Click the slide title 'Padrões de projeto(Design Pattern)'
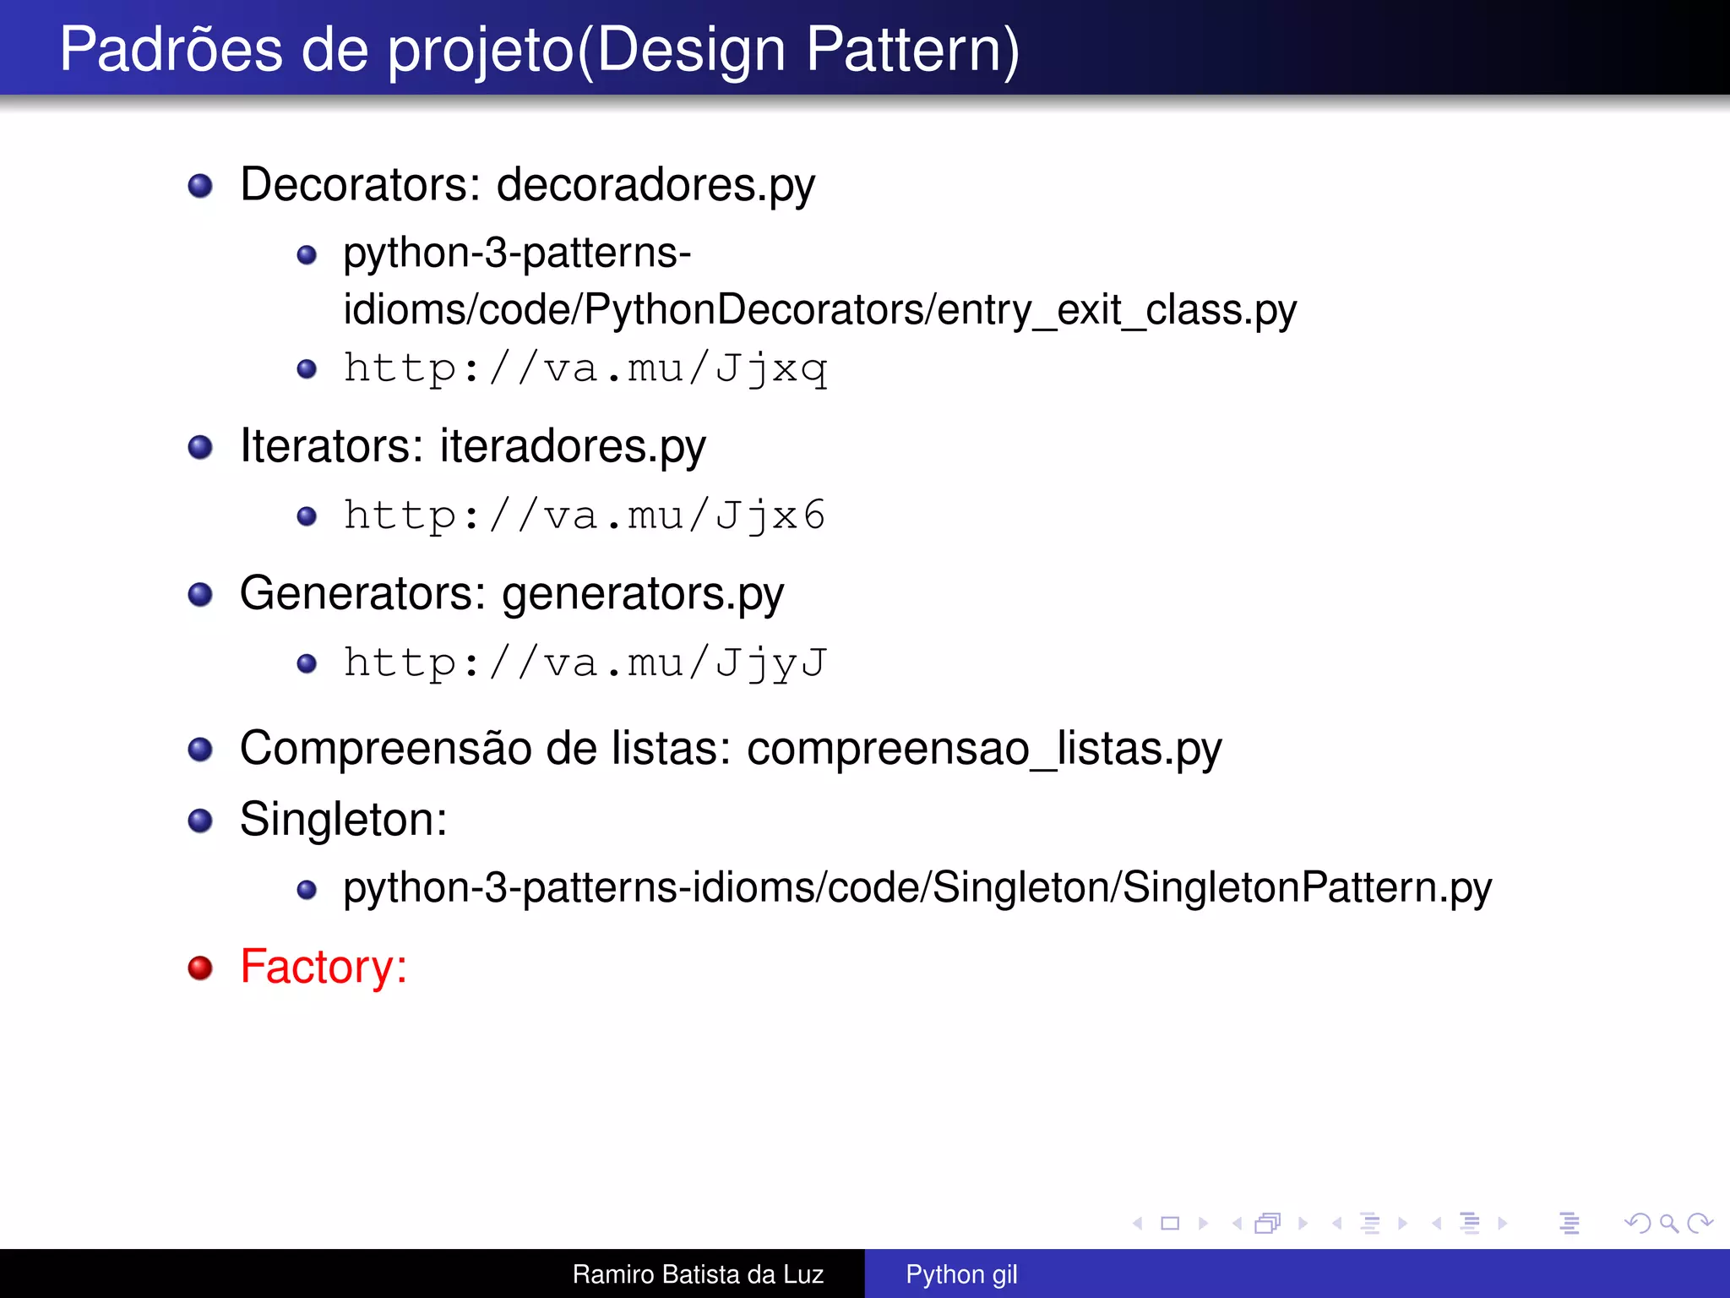pos(539,49)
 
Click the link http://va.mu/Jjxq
pos(585,368)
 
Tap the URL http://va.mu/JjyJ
pos(585,663)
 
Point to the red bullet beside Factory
pos(200,968)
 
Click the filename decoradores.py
pos(656,185)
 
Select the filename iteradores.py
pos(572,446)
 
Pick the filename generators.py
pos(642,594)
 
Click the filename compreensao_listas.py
pos(983,749)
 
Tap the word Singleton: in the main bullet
pos(343,820)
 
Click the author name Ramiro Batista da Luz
pos(698,1273)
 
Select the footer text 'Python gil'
pos(961,1273)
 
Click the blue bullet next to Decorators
pos(200,186)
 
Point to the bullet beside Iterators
pos(200,447)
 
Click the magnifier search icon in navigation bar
pos(1668,1223)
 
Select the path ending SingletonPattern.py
pos(917,888)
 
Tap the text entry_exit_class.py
pos(1117,310)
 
